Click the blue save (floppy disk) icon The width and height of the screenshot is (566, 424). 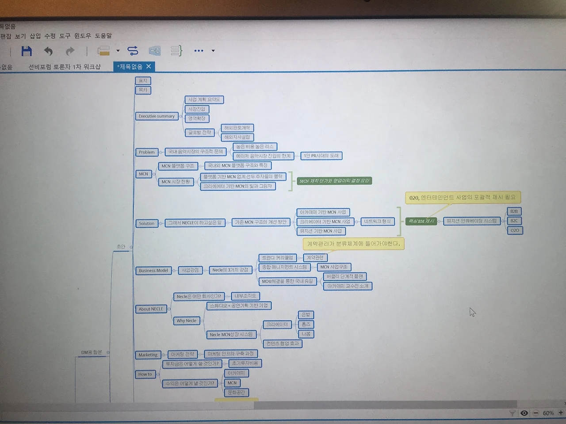(27, 51)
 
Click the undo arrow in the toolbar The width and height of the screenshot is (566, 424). (48, 51)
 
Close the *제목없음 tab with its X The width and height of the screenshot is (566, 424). (149, 66)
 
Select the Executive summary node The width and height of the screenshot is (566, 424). (157, 116)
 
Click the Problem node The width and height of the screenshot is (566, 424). (146, 152)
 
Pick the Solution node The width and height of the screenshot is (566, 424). (146, 223)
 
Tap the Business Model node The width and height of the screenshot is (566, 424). (153, 271)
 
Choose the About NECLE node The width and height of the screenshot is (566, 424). (151, 309)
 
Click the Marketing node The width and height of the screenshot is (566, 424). (148, 355)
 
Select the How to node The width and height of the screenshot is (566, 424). (145, 374)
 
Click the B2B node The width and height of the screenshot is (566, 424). (514, 211)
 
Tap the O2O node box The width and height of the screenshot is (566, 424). (514, 230)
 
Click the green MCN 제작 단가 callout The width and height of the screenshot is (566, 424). (334, 181)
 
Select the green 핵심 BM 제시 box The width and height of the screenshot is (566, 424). (421, 221)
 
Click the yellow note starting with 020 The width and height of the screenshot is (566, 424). (462, 198)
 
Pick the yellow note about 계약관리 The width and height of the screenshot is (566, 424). (353, 244)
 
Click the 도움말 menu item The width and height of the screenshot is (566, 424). (103, 36)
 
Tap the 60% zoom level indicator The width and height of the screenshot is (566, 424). (548, 413)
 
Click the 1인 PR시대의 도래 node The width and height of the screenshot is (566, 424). (321, 156)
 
